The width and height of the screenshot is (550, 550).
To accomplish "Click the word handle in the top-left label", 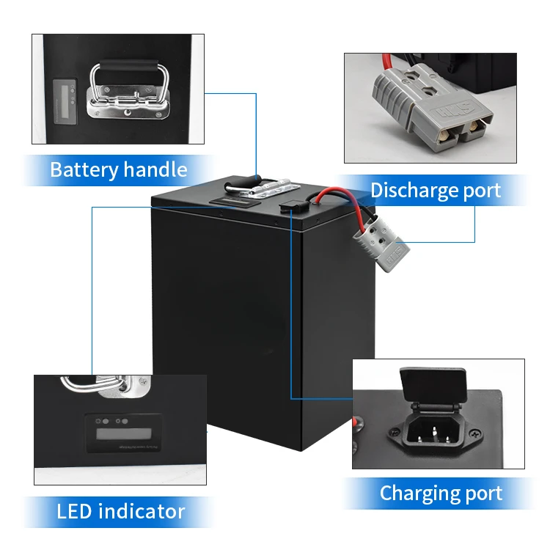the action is click(155, 170).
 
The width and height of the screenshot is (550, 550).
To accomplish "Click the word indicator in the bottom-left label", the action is click(142, 510).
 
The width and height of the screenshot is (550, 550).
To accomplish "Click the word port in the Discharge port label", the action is click(477, 191).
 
